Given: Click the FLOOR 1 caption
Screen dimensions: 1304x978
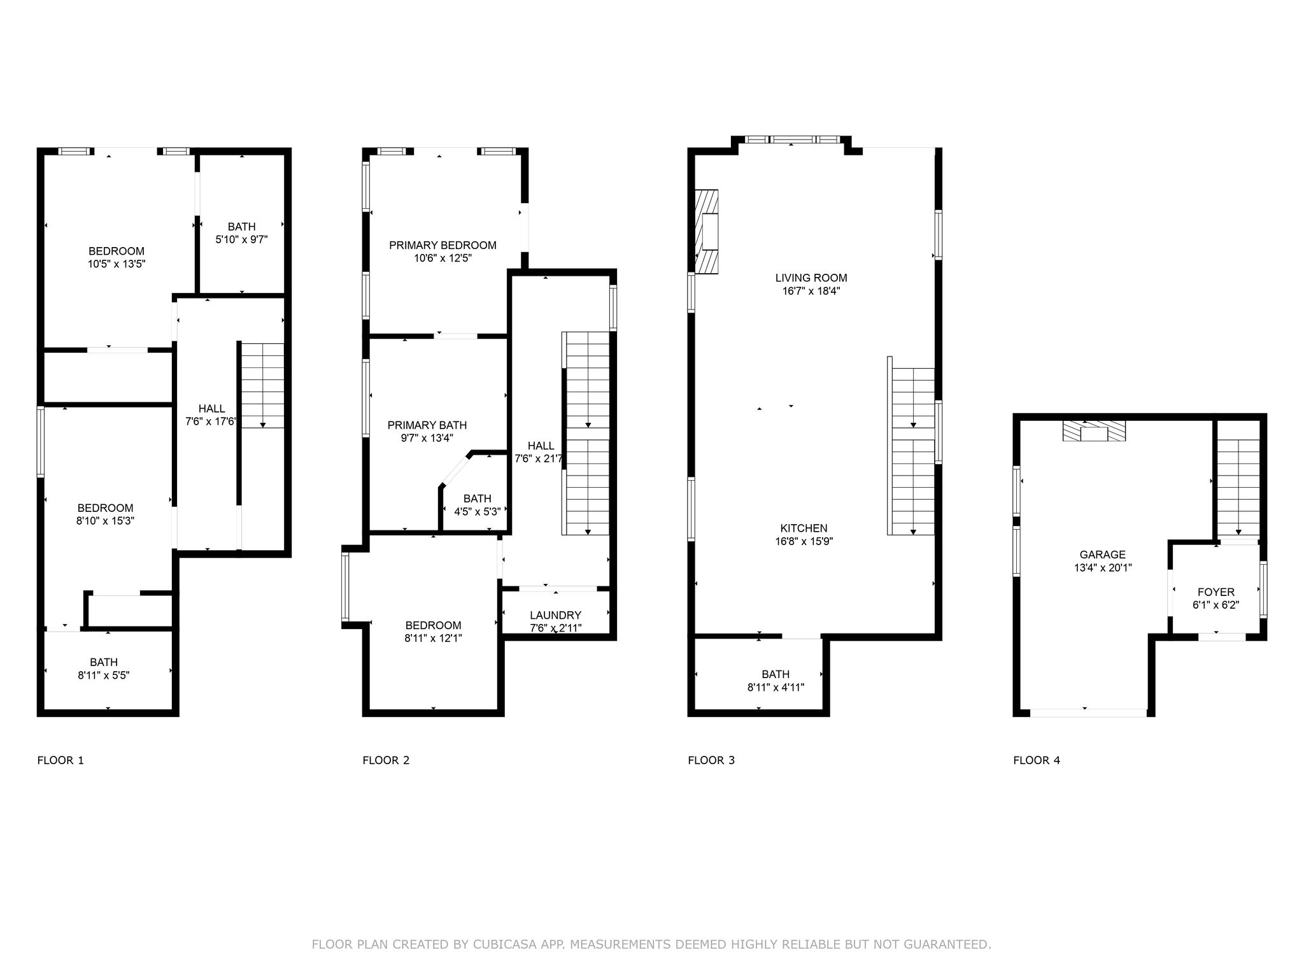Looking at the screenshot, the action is (x=60, y=760).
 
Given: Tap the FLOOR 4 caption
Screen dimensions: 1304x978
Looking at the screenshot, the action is (x=1037, y=760).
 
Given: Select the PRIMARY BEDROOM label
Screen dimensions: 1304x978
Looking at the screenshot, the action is (x=443, y=245).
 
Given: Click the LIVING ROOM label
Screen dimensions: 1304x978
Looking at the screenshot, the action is (x=811, y=278).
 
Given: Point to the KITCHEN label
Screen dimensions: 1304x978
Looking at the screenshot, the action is (x=804, y=528).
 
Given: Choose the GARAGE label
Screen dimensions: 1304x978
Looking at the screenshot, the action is (x=1103, y=555).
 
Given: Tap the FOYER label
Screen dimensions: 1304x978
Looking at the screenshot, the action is (x=1216, y=592).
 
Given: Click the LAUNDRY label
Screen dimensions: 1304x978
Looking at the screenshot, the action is (x=556, y=615).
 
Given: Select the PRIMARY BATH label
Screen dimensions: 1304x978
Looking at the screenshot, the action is (x=427, y=425).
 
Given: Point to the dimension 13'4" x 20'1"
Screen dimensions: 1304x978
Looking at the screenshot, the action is (x=1103, y=568).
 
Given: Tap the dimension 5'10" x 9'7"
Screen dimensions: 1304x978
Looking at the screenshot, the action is (x=241, y=240).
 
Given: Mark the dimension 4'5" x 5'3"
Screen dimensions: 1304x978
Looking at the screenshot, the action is (x=478, y=511).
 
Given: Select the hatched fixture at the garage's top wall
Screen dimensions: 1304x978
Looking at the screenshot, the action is (x=1094, y=431).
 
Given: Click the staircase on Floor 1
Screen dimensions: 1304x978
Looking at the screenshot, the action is (x=262, y=385).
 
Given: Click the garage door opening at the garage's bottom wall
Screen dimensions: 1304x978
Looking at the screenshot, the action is (x=1089, y=713).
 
